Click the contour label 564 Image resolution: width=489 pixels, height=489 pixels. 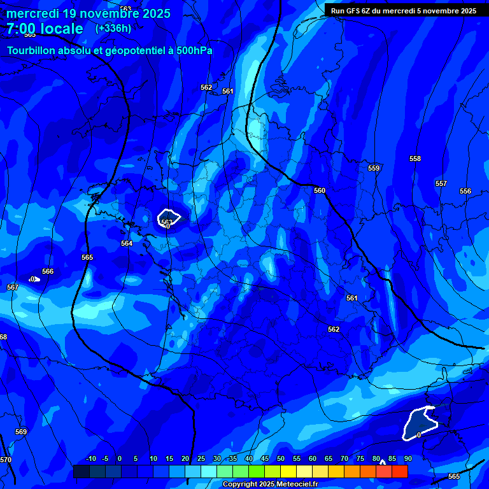pos(127,243)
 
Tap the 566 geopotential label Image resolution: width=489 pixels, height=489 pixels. pos(48,271)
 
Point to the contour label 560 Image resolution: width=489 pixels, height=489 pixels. pos(320,190)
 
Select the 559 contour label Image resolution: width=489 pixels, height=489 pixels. pos(374,168)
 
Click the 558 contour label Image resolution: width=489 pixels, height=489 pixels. pos(415,159)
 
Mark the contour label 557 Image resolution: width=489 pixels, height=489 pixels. pos(441,183)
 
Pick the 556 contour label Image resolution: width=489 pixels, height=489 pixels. pos(465,191)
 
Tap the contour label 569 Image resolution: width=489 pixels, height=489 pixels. pos(21,432)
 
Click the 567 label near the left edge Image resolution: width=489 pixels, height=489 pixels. pos(13,287)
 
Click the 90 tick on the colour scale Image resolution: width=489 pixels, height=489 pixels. pos(407,458)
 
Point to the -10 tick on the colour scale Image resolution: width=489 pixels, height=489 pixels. pos(90,458)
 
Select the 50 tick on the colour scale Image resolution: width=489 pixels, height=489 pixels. pos(281,458)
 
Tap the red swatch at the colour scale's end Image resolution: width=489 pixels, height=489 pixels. pos(400,471)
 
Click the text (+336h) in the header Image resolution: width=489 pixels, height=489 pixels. pos(113,28)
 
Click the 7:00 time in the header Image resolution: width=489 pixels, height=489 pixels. pos(22,29)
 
